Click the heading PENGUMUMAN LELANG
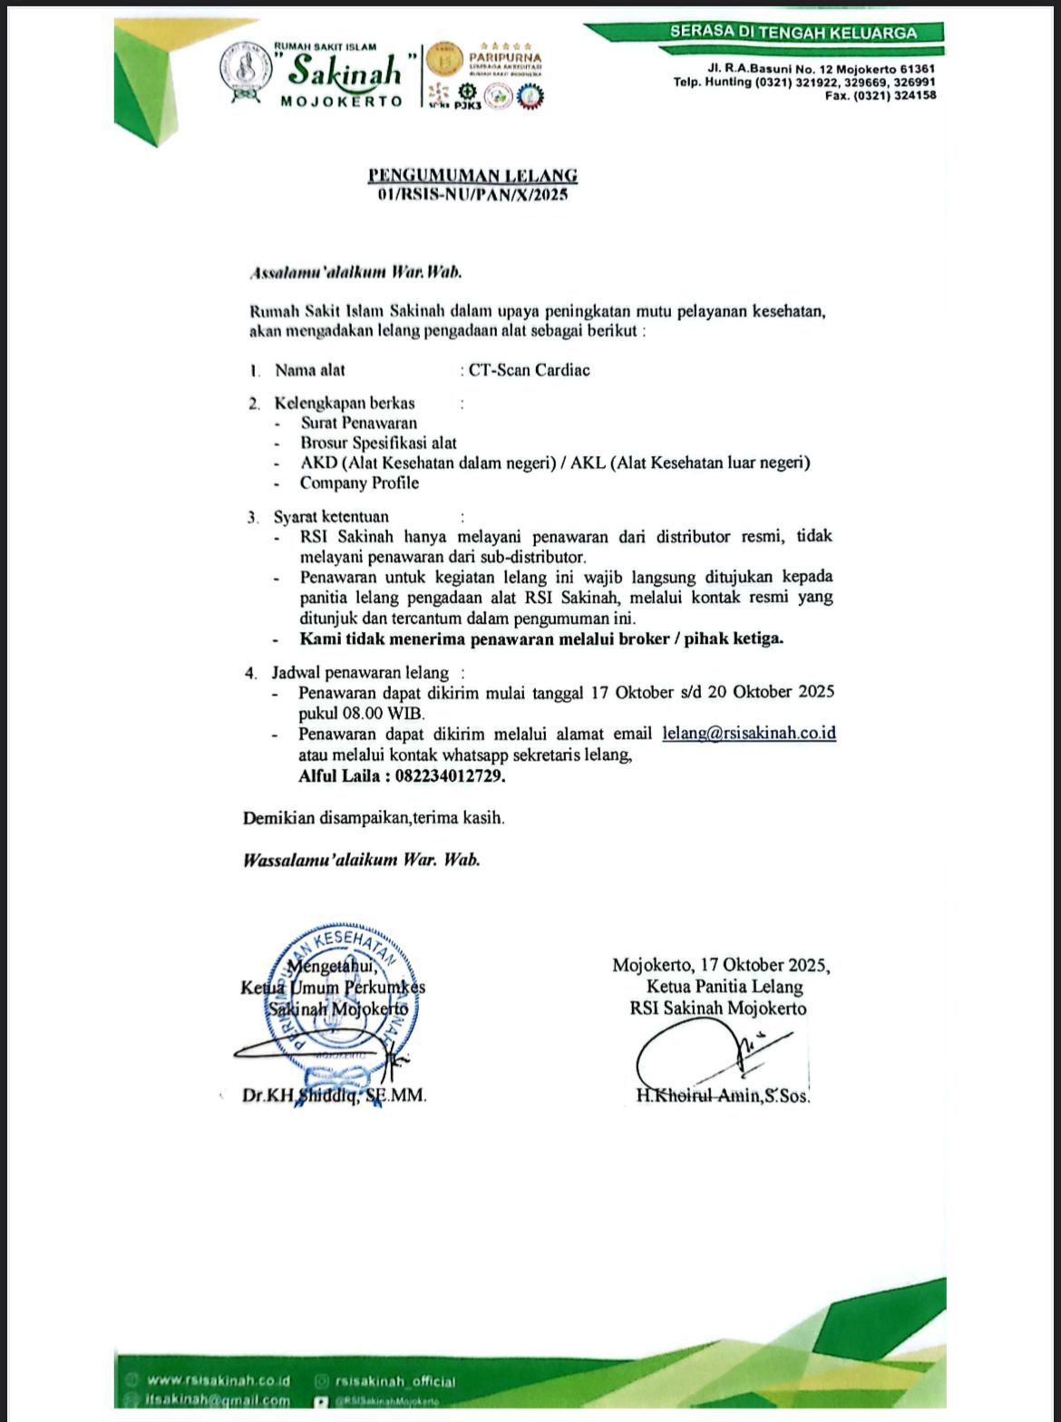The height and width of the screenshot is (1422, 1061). [x=472, y=176]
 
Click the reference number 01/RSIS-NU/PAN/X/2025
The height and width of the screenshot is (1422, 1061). [x=472, y=194]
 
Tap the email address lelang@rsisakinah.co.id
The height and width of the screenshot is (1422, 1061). [x=749, y=733]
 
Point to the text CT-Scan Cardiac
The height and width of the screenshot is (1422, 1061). [x=530, y=370]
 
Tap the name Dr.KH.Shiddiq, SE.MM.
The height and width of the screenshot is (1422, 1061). [x=334, y=1096]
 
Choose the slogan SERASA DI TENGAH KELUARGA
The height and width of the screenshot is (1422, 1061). [x=793, y=33]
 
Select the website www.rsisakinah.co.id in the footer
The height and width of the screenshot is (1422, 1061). [x=218, y=1380]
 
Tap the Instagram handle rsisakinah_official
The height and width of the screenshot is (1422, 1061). [x=394, y=1381]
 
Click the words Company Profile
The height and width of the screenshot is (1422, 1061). [x=360, y=482]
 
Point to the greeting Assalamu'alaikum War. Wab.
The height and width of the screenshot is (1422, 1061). [x=361, y=271]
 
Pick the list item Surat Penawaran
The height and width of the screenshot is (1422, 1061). [x=359, y=423]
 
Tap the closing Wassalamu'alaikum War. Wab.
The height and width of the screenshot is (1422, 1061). [x=361, y=860]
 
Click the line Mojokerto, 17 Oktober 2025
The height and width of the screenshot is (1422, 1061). [x=721, y=965]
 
